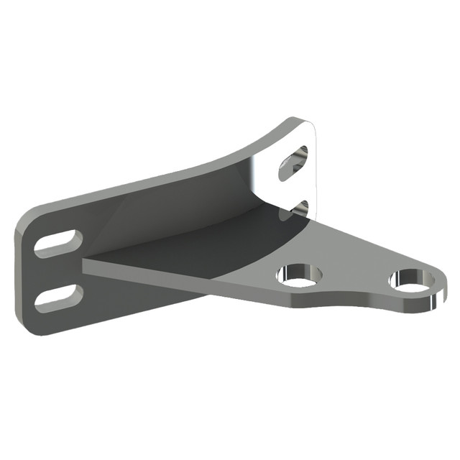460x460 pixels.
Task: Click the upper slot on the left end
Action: [x=57, y=241]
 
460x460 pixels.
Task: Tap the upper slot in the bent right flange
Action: [x=294, y=162]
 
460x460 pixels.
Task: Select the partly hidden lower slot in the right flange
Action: [x=301, y=208]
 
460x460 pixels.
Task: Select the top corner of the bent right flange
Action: [x=305, y=122]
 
